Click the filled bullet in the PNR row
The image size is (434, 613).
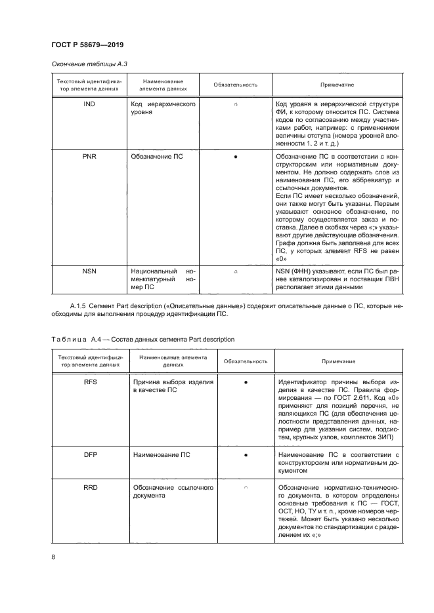235,157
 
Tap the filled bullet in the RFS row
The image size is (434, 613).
245,380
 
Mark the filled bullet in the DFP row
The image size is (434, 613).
245,454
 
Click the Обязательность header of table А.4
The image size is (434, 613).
245,361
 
